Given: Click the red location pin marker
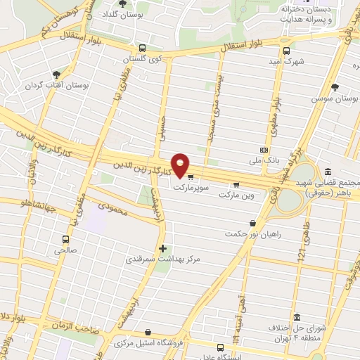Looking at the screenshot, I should click(x=181, y=166).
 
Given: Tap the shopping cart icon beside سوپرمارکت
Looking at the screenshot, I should click(x=191, y=177).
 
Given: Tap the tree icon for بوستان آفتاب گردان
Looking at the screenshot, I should click(x=56, y=74).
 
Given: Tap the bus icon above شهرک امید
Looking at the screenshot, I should click(x=286, y=50).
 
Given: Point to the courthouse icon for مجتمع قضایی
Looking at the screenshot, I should click(x=328, y=172).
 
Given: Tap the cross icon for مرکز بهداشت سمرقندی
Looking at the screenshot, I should click(x=163, y=248).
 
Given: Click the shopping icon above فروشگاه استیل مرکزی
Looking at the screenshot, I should click(x=147, y=332).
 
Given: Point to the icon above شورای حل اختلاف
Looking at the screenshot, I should click(x=297, y=317).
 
